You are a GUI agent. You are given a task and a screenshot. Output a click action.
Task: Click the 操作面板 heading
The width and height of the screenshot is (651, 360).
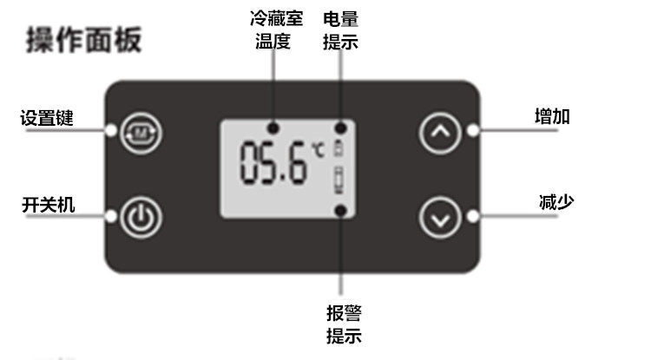tap(84, 40)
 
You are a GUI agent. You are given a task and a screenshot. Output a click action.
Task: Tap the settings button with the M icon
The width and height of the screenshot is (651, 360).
tap(141, 134)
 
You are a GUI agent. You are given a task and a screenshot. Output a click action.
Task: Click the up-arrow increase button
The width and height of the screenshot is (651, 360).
tap(440, 133)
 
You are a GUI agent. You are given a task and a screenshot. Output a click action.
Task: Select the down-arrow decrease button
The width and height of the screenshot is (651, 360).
tap(440, 218)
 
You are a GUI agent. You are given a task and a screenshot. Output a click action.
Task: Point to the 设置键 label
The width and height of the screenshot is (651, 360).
tap(47, 118)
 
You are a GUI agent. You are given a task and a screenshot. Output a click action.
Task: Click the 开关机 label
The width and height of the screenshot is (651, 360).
tap(48, 205)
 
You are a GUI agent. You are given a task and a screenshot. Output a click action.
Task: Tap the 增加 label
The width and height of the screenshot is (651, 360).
tap(552, 116)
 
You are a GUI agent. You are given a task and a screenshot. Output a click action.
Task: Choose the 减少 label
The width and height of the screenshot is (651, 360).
tap(556, 202)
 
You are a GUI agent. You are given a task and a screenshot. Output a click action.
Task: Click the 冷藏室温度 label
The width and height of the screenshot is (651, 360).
tap(276, 29)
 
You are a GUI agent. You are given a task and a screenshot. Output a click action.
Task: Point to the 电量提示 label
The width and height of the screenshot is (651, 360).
tap(340, 30)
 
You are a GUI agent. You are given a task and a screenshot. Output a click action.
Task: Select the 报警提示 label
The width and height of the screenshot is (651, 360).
tap(344, 324)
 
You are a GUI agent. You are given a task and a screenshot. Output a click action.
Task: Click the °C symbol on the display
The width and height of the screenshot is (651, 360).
tap(319, 150)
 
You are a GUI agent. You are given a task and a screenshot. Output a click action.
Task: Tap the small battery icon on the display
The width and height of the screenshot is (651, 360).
tap(339, 148)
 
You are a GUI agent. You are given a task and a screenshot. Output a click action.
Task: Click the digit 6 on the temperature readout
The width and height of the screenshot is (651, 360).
tap(297, 162)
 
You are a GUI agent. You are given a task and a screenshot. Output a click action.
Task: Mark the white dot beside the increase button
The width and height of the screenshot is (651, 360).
tap(472, 131)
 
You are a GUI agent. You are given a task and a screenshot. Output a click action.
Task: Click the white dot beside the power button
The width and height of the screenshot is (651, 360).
tap(111, 216)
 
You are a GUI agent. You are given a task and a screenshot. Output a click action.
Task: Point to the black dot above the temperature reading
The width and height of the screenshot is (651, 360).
tap(273, 128)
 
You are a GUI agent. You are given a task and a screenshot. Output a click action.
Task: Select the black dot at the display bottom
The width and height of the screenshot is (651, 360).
tap(340, 211)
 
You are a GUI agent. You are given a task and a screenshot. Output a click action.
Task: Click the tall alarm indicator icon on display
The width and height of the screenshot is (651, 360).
tap(339, 180)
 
